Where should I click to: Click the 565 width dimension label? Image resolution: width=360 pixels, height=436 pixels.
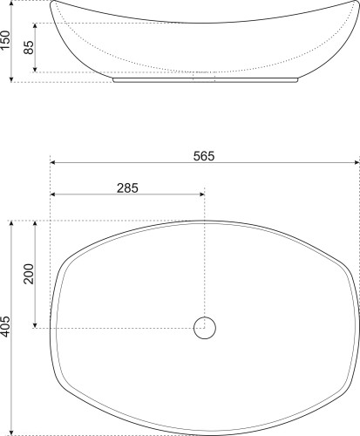pos(204,156)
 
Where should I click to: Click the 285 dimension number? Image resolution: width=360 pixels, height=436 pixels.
pos(127,188)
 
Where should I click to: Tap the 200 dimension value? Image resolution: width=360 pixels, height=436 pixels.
pos(29,274)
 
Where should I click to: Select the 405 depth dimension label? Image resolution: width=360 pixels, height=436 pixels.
pos(5,327)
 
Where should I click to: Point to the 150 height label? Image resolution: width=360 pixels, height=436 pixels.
pos(5,40)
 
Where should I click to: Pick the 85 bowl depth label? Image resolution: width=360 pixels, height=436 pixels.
pos(29,47)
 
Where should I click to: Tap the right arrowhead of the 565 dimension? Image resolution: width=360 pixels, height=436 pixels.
pos(357,162)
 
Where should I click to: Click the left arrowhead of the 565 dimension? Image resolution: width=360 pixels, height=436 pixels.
pos(53,162)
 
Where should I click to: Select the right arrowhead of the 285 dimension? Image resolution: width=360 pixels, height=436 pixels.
pos(202,194)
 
